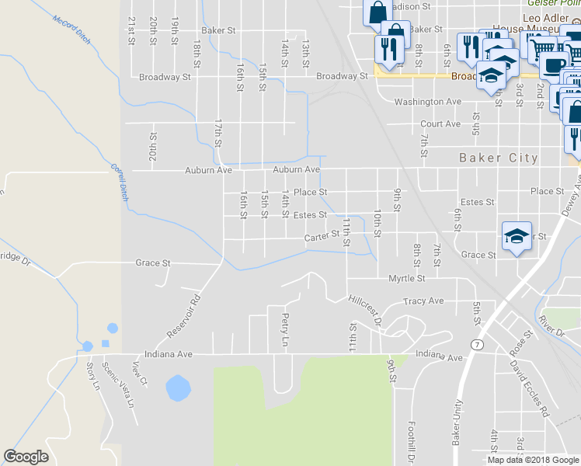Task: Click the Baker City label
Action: (x=498, y=158)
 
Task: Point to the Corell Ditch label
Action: (x=118, y=183)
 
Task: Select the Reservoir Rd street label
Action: (x=183, y=315)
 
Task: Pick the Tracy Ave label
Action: (x=423, y=301)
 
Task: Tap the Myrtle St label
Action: (x=407, y=277)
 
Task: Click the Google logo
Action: (x=26, y=457)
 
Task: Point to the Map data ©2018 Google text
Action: (x=533, y=460)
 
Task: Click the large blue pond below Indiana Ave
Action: (x=178, y=387)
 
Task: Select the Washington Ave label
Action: (x=428, y=102)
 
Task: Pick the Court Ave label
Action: (x=440, y=123)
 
